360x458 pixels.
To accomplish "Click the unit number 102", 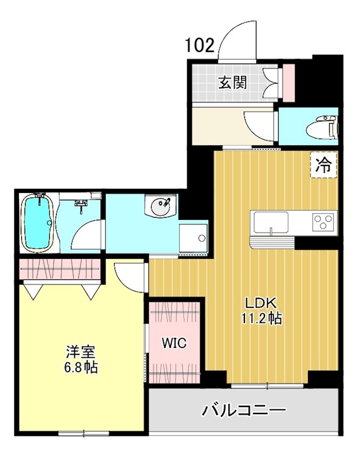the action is (x=200, y=46).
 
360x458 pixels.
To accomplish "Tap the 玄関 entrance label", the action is (x=233, y=82).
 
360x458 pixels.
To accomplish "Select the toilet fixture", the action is (x=322, y=127).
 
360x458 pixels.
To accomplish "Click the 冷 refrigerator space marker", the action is (x=323, y=165).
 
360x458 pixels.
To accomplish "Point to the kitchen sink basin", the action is (x=271, y=222).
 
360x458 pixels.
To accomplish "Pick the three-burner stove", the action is (x=323, y=222).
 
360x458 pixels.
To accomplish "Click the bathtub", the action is (x=38, y=222).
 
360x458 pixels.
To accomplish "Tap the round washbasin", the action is (x=160, y=206).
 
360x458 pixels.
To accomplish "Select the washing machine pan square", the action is (x=193, y=238).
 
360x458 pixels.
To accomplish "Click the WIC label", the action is (x=174, y=343).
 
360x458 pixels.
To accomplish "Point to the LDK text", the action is (x=260, y=303).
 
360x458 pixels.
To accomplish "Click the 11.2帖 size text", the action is (x=262, y=318).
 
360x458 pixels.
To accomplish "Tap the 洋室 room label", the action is (x=81, y=352).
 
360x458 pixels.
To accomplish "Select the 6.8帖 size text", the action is (x=81, y=367).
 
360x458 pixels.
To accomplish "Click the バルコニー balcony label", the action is (x=244, y=411).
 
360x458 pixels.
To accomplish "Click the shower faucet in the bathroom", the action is (x=81, y=203).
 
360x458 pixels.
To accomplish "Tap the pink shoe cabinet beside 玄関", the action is (x=289, y=82).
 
